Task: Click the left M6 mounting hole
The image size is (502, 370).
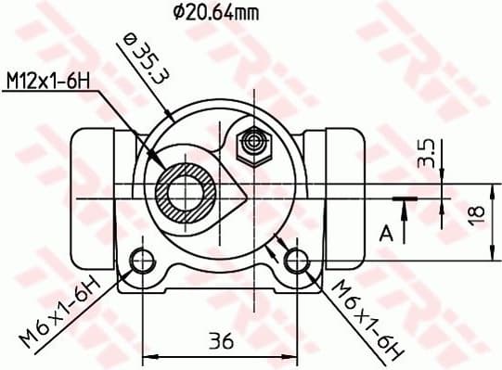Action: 142,262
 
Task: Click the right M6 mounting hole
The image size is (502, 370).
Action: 298,262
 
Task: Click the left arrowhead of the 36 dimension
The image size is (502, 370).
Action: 147,355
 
